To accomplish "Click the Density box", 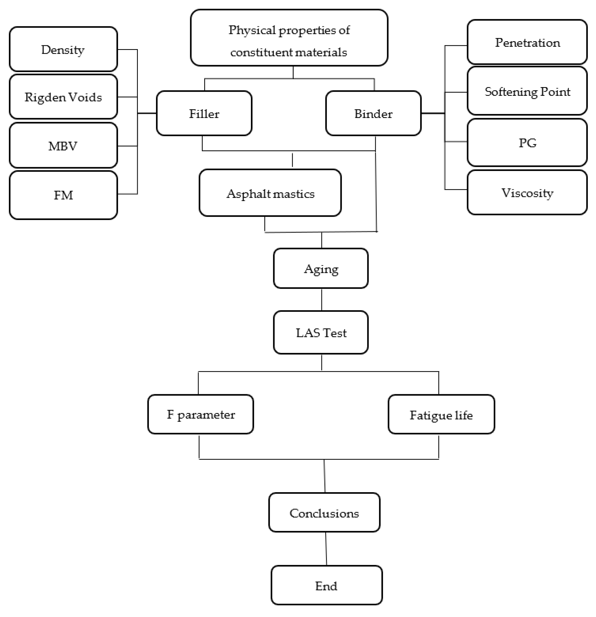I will click(63, 49).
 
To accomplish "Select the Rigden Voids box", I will click(63, 97).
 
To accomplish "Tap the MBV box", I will click(63, 145).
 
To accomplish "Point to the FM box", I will click(63, 195).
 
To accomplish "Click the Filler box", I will click(204, 113).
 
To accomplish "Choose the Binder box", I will click(373, 113).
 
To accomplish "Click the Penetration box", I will click(527, 42).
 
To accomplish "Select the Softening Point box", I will click(527, 91).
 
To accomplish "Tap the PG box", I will click(527, 143).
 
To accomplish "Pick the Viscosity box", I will click(527, 192).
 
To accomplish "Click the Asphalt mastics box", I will click(270, 193).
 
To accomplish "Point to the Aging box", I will click(321, 269).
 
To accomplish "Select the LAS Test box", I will click(321, 332).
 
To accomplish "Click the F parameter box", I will click(200, 414).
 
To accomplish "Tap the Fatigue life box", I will click(441, 415).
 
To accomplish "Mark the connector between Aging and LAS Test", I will click(321, 299).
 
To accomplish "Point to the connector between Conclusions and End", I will click(326, 549).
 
